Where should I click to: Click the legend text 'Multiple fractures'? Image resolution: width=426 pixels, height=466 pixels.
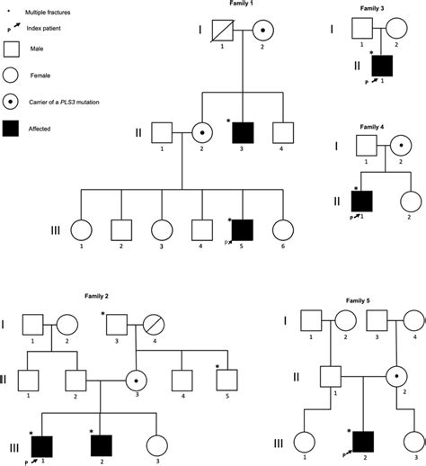[x=50, y=13]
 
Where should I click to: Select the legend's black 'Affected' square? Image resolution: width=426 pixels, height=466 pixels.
[x=14, y=129]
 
